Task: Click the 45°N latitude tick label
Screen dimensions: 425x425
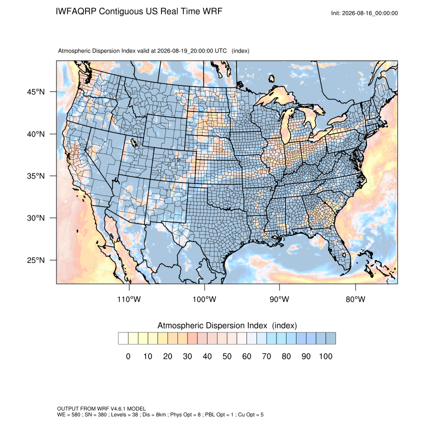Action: (x=35, y=92)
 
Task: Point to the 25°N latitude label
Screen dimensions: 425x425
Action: (x=35, y=260)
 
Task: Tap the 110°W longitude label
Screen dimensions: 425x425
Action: (x=129, y=299)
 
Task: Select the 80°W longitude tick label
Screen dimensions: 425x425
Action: (x=355, y=299)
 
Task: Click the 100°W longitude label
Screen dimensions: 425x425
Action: (x=204, y=299)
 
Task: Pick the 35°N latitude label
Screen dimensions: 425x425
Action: (x=35, y=176)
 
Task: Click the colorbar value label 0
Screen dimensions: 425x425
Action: (x=128, y=356)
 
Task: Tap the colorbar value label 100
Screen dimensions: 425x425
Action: (x=325, y=356)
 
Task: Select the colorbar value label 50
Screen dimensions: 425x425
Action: (x=227, y=356)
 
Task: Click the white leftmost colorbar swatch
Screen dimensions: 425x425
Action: (x=123, y=338)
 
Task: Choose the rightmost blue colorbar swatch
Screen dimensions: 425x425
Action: (x=330, y=338)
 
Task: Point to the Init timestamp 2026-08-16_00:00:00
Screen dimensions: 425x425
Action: (x=369, y=13)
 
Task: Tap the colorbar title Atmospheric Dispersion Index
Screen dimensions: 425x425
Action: (x=212, y=325)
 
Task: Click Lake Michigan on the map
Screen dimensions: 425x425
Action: (x=285, y=127)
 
